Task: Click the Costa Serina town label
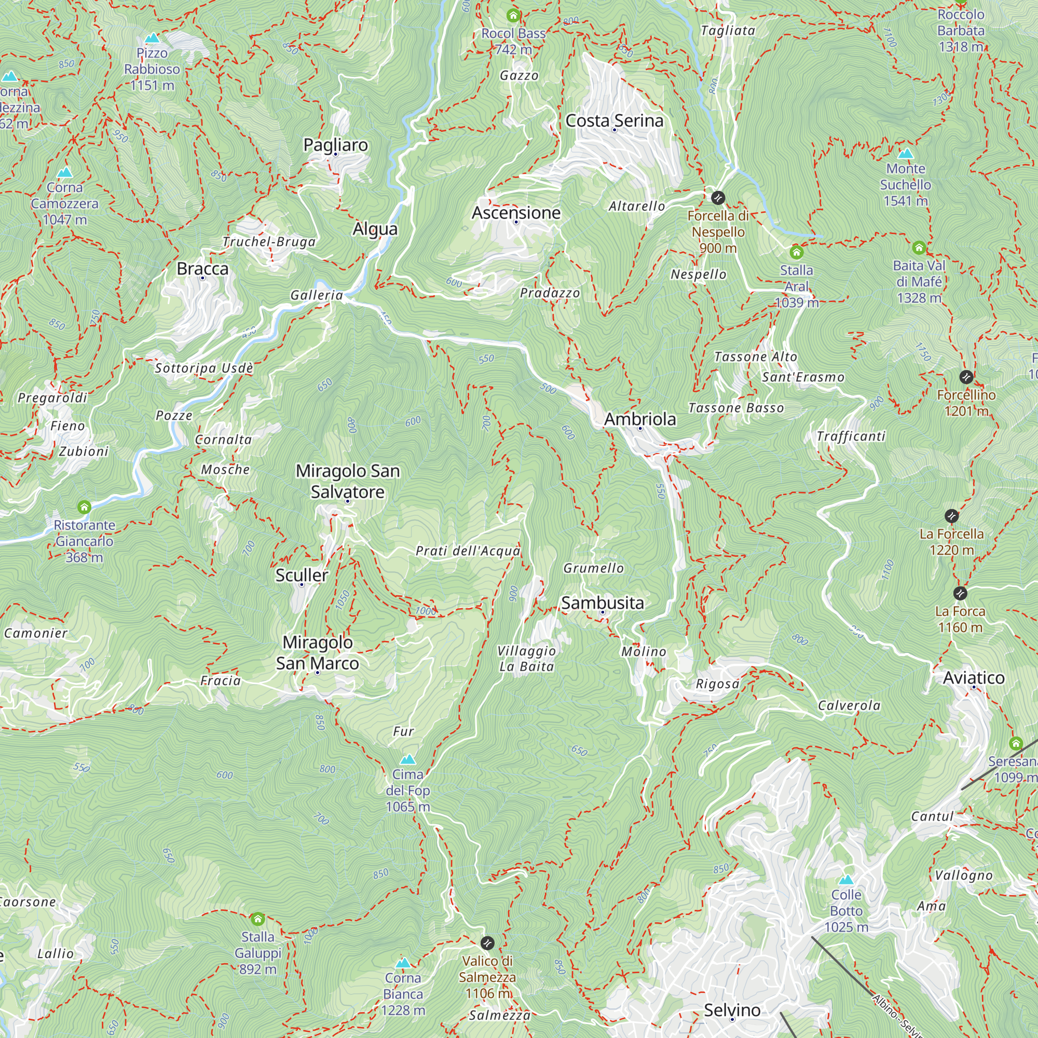point(614,121)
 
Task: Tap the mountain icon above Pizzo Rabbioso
point(152,38)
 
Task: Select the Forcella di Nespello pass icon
point(718,198)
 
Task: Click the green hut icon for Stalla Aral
point(796,252)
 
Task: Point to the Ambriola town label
point(639,419)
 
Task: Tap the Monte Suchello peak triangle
point(905,154)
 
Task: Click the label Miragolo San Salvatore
point(348,482)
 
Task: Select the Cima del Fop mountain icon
point(408,759)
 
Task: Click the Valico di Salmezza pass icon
point(487,943)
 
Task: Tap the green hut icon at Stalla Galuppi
point(258,919)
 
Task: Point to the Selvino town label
point(732,1010)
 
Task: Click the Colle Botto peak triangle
point(845,880)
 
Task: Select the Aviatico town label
point(973,678)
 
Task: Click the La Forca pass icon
point(960,593)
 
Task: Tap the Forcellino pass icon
point(965,377)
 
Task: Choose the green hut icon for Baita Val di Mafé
point(919,248)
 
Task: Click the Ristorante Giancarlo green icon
point(84,507)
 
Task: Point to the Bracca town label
point(202,269)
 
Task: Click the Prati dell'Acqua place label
point(468,551)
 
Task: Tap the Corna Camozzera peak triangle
point(65,172)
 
